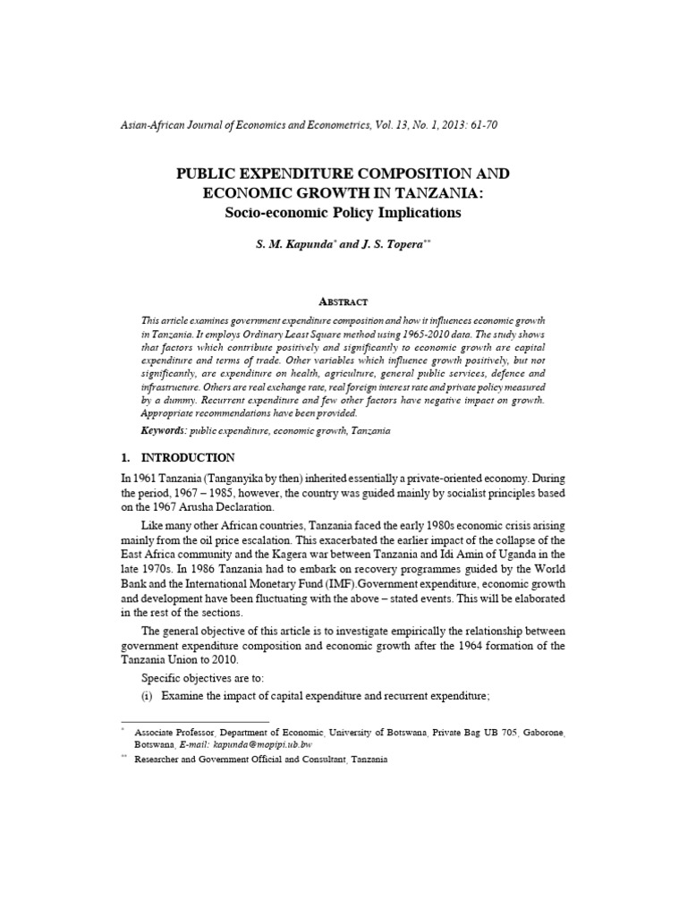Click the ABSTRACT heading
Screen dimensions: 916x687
coord(343,302)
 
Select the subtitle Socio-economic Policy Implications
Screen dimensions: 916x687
coord(343,213)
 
